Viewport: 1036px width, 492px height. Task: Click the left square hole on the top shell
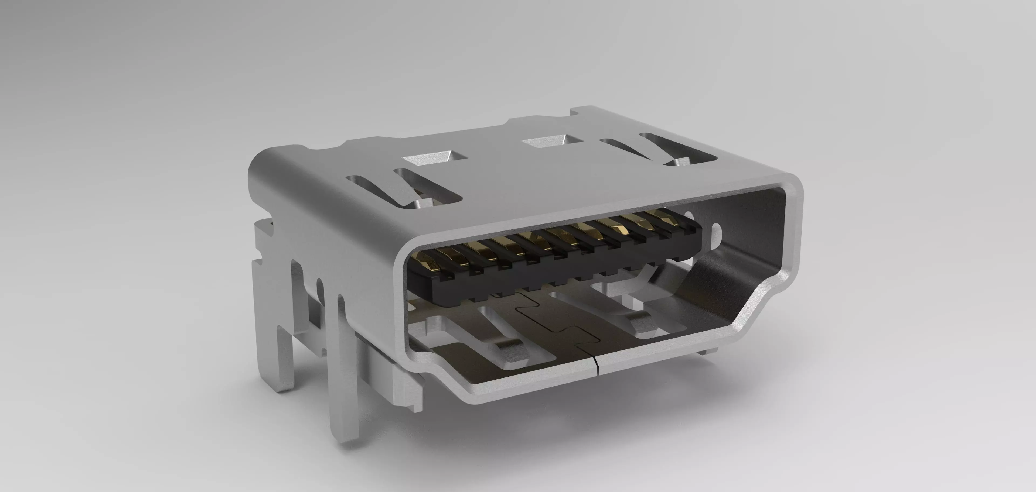(435, 158)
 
